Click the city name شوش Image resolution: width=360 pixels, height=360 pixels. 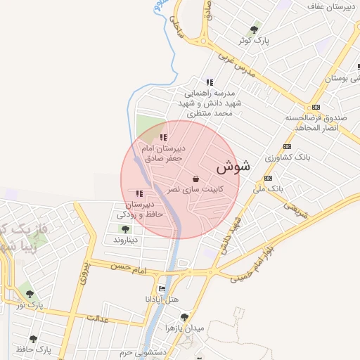click(x=233, y=167)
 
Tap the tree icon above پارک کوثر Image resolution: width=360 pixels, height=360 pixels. click(x=254, y=30)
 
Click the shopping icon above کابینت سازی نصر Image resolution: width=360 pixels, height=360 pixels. click(x=195, y=179)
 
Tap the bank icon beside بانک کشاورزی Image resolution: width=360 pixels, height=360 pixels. click(x=286, y=146)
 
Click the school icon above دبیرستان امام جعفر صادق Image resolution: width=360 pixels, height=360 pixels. click(x=163, y=138)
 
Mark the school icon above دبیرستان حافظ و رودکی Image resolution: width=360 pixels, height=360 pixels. click(x=139, y=193)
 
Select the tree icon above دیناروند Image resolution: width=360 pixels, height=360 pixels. click(x=125, y=229)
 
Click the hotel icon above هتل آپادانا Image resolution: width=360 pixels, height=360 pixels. click(x=162, y=288)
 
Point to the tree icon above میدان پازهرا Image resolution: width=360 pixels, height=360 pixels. click(x=184, y=317)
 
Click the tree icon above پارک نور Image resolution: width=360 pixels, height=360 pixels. click(x=30, y=295)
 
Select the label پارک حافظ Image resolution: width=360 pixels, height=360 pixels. click(x=34, y=349)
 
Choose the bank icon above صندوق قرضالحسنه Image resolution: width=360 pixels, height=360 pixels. click(x=307, y=107)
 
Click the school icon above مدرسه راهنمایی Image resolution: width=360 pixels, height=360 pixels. click(x=209, y=82)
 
